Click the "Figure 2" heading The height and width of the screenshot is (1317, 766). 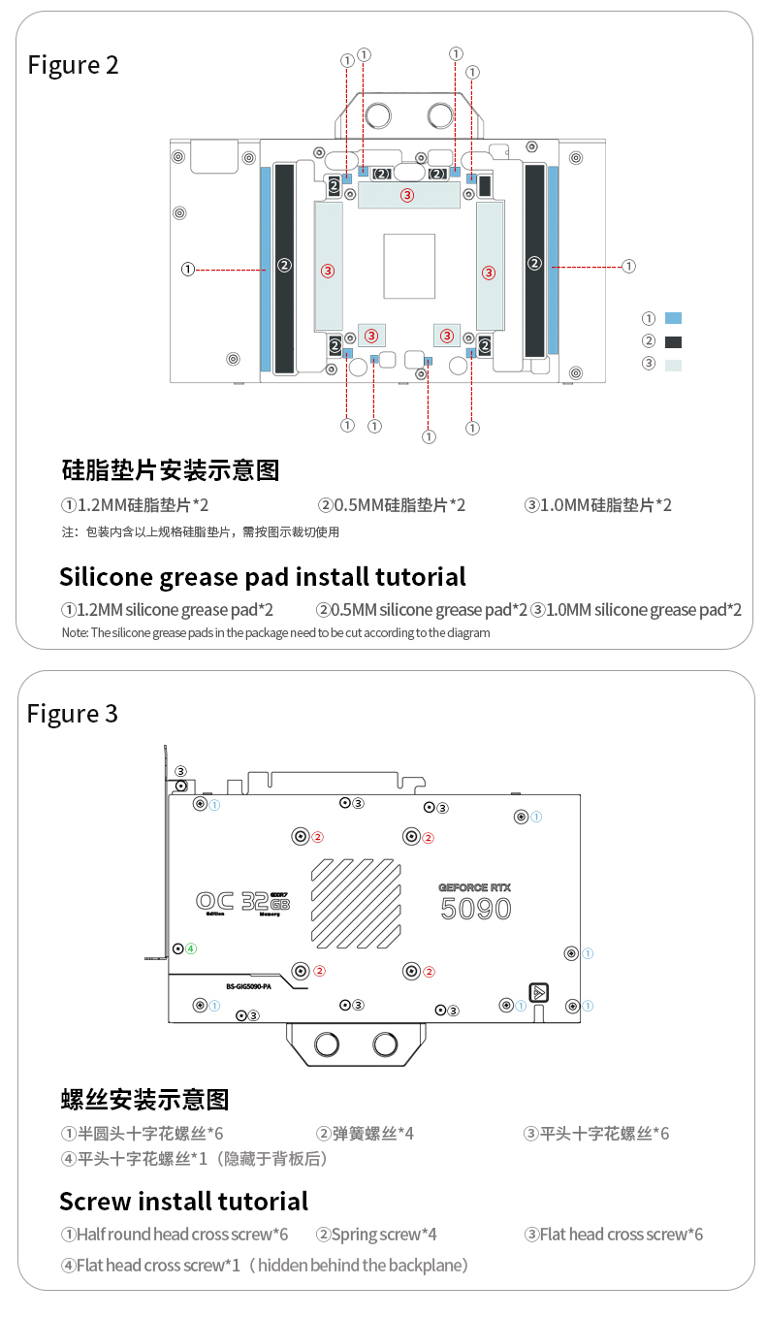(x=73, y=65)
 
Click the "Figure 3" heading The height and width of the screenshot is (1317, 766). (x=73, y=714)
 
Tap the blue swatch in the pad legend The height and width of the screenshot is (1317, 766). (x=674, y=318)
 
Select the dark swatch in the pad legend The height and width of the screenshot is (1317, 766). (x=674, y=341)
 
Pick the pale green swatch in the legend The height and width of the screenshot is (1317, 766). (x=674, y=365)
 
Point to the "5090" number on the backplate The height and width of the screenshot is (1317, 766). (x=475, y=909)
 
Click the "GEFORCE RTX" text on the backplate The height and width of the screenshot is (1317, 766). (x=474, y=886)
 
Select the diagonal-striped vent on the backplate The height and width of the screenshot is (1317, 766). (x=356, y=902)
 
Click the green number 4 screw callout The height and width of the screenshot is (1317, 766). (x=191, y=948)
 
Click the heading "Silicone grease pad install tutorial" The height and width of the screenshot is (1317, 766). (x=263, y=577)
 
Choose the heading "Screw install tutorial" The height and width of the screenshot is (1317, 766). (x=183, y=1202)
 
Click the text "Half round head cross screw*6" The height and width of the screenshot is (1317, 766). (x=175, y=1235)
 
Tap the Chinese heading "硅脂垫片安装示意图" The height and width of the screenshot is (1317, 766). (x=170, y=470)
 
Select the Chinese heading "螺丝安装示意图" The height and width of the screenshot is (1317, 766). (x=144, y=1100)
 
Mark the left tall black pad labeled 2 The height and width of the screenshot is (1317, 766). (x=284, y=269)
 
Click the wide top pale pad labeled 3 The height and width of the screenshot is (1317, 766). (x=408, y=195)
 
